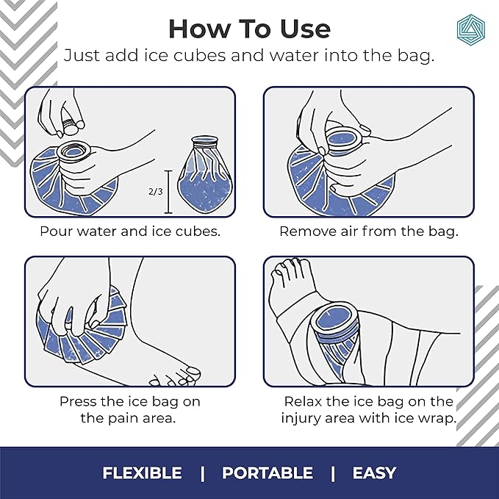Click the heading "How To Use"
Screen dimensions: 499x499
pyautogui.click(x=249, y=28)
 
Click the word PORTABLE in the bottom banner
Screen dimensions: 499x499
pyautogui.click(x=267, y=473)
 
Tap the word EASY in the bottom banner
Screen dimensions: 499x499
pyautogui.click(x=374, y=473)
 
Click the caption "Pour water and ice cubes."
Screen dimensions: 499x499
pyautogui.click(x=129, y=231)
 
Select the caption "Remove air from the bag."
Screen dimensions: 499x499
pyautogui.click(x=369, y=231)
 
